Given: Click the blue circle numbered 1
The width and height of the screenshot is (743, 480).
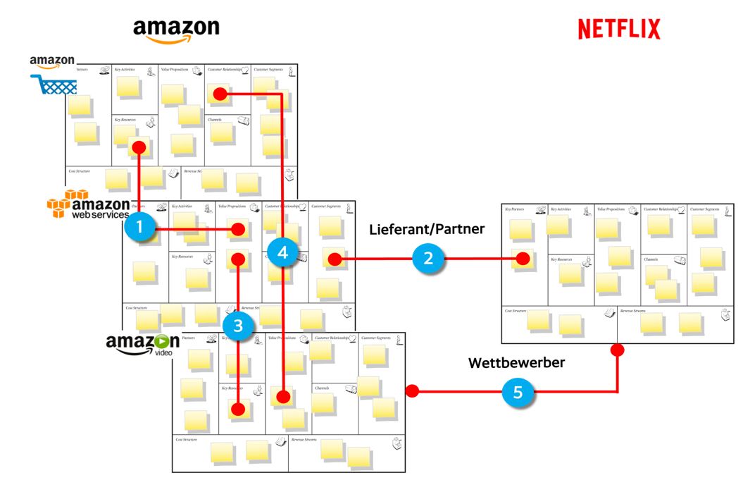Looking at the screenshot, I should coord(139,227).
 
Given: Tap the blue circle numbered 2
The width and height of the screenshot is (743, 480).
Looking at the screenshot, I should coord(427,259).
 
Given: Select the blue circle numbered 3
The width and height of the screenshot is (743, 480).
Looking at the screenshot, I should coord(238,326).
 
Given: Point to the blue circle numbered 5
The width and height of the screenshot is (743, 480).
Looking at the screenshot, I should coord(518,393).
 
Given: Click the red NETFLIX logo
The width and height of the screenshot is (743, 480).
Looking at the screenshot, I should coord(618,29).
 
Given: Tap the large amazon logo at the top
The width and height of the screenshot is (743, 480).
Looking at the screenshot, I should coord(176,30).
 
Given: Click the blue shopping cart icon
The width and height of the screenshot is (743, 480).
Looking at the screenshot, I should coord(54,85).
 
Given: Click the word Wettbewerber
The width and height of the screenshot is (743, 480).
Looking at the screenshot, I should coord(518,363).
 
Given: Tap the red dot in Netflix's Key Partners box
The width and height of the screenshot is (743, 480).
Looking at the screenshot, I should coord(522,259).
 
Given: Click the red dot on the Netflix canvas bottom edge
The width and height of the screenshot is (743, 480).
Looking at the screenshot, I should coord(618,349).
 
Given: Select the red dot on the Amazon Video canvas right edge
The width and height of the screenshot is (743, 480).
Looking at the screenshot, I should coord(412,390).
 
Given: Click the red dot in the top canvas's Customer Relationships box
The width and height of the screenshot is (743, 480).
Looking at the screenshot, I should coord(220,93).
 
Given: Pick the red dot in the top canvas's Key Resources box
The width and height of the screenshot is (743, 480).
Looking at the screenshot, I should coord(139,147).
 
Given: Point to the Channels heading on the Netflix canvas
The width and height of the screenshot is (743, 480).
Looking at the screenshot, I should coord(651,259).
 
